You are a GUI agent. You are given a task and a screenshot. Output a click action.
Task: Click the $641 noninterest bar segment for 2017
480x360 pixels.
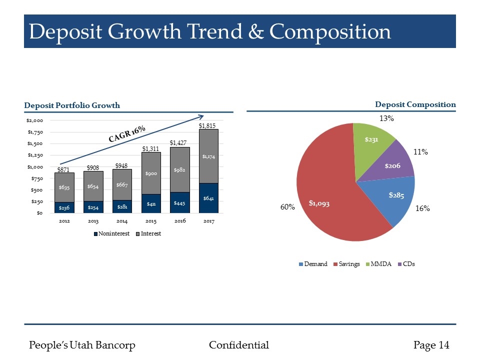[208, 198]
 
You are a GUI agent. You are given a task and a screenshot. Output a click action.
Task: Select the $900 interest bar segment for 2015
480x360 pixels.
[151, 173]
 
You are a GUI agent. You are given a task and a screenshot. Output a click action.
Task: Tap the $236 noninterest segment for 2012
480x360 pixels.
[64, 207]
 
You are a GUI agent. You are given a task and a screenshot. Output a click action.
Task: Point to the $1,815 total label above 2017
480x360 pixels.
[207, 125]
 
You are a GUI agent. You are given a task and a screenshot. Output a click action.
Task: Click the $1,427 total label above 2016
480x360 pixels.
[179, 143]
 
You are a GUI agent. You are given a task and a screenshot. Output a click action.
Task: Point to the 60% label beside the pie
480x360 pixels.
[287, 207]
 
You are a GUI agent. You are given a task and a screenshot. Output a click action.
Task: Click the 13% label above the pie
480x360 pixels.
[386, 119]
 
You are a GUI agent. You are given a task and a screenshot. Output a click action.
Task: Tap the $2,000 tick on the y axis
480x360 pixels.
[34, 121]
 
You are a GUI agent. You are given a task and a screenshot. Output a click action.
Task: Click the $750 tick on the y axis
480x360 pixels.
[36, 178]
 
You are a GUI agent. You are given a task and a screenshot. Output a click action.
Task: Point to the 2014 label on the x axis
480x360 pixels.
[122, 221]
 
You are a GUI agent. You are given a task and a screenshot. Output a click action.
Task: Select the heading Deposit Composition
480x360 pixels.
[415, 104]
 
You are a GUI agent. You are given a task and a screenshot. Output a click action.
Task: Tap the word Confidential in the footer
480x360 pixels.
[239, 345]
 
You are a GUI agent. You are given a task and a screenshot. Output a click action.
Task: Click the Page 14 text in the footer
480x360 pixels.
[431, 345]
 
